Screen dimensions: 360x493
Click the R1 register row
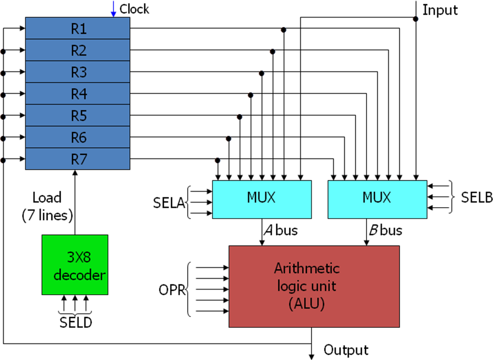point(78,28)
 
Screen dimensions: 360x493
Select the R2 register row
point(78,50)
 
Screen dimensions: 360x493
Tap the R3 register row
point(78,72)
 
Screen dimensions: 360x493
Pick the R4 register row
point(78,94)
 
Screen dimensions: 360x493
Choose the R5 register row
point(78,116)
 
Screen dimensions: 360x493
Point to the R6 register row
point(78,137)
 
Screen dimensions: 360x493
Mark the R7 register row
point(78,159)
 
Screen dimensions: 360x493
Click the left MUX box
point(262,199)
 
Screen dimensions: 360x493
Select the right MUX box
point(377,199)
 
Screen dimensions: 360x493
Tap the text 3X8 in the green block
point(79,257)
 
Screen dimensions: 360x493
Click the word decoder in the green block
point(79,275)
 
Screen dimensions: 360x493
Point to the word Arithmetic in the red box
point(307,268)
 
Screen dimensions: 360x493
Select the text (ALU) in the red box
point(306,304)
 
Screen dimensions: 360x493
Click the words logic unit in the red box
point(306,286)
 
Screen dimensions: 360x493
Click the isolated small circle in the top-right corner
point(415,19)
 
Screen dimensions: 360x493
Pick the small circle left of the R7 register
point(3,161)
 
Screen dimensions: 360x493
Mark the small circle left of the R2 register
point(3,52)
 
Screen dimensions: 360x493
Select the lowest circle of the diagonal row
point(218,161)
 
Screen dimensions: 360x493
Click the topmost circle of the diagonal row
point(284,30)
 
